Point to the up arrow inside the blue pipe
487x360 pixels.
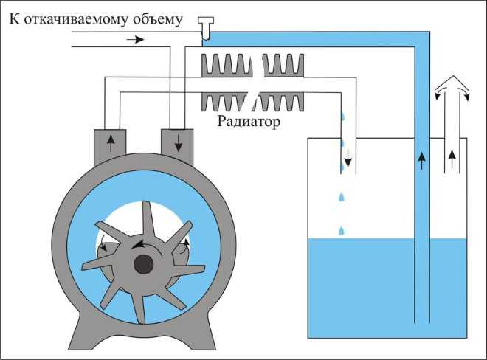coord(421,159)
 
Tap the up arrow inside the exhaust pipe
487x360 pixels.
coord(452,156)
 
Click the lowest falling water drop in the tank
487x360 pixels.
coord(341,231)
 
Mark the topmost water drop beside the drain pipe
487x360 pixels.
coord(341,117)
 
